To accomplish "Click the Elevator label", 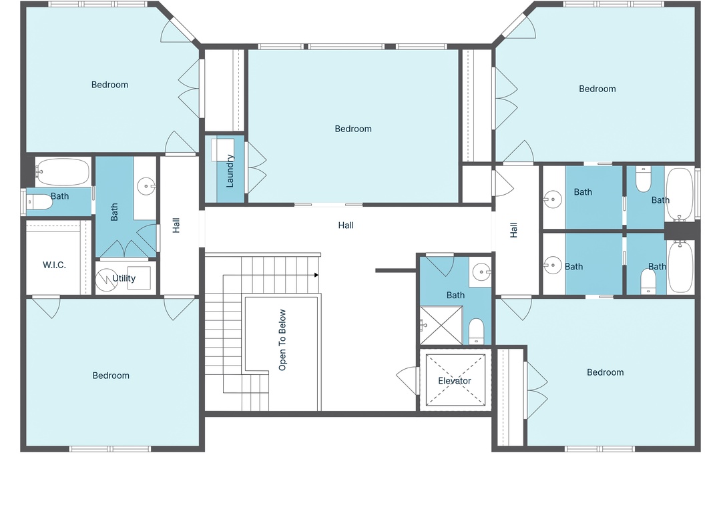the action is tap(455, 381).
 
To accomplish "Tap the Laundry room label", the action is tap(230, 171).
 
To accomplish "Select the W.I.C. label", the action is tap(54, 265).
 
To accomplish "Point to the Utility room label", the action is tap(124, 278).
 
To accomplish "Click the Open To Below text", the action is tap(282, 340).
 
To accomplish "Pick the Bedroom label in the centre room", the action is tap(353, 129).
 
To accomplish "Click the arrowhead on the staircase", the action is tap(316, 276).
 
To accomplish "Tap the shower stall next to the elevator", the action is tap(441, 326).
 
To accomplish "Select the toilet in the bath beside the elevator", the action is tap(477, 331).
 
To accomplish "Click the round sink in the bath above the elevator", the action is tap(481, 272).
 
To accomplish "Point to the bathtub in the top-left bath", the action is tap(63, 172).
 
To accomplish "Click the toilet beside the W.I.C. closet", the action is tap(39, 202).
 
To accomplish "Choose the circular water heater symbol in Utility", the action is tap(107, 280).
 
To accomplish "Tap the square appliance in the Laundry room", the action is tap(222, 150).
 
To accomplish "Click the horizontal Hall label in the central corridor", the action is tap(346, 225).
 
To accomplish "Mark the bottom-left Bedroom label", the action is tap(111, 376).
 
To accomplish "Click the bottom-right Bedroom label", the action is tap(605, 372).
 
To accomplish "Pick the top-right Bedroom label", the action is tap(597, 89).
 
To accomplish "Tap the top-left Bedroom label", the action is tap(109, 85).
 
